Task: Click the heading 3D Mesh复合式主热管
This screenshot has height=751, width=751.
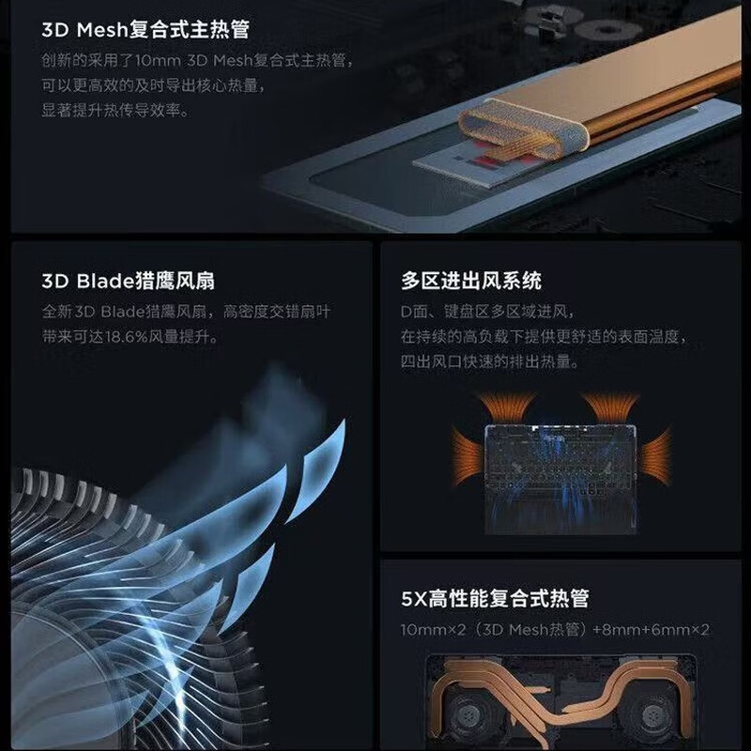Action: tap(146, 30)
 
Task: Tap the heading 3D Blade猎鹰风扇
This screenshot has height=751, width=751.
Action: tap(134, 281)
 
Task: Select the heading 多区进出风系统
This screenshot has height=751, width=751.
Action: tap(470, 281)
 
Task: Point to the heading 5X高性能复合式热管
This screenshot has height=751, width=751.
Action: tap(495, 598)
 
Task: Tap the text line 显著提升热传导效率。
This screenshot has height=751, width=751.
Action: tap(115, 110)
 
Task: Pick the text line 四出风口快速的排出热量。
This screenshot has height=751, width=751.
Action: tap(489, 360)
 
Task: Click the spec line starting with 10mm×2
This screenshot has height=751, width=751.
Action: tap(555, 629)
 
